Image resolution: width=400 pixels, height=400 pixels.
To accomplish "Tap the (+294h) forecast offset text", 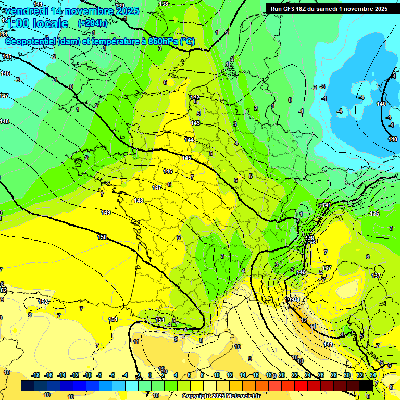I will coord(92,23).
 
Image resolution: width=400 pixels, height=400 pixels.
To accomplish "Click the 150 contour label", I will coord(102,237).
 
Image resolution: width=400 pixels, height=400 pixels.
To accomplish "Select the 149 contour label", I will coord(106,213).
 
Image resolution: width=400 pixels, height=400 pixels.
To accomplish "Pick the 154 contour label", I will coord(113,319).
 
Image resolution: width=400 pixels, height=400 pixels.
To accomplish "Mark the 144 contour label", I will coord(189,140).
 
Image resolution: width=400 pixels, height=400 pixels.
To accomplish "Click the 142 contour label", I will coord(195,97).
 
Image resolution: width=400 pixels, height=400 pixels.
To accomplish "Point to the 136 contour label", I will coord(374,214).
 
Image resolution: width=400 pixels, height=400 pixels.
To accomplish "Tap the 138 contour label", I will coord(164,4).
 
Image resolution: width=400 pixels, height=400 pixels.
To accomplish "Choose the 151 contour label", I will coord(160,320).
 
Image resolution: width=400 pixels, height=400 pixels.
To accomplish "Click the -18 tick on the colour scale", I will coord(35,375).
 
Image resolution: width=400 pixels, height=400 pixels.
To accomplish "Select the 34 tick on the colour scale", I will coord(372,375).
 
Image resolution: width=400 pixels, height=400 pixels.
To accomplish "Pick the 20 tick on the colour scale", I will coord(282,375).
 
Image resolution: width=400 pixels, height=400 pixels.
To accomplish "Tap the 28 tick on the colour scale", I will coord(333,375).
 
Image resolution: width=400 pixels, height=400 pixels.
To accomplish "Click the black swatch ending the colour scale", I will coord(366,385).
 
